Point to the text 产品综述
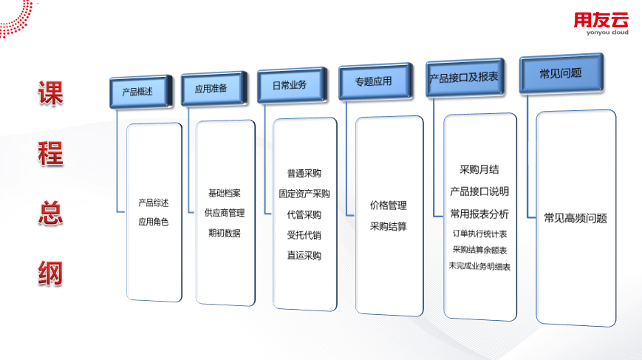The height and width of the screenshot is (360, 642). pos(154,203)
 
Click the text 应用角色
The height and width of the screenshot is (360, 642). pos(154,221)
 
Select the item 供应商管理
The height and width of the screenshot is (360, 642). pos(225,213)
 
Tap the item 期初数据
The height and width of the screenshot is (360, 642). pos(225,233)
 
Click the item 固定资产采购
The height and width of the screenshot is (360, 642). pos(304,194)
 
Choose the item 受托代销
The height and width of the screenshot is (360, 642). pos(304,236)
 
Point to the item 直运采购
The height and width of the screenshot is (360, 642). pos(304,256)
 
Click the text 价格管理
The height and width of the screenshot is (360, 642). pos(389,206)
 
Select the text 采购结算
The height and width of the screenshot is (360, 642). pos(389,226)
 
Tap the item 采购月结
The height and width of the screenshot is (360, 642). pos(479,169)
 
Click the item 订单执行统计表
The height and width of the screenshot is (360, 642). pos(479,234)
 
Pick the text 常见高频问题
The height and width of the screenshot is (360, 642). pos(576,218)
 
